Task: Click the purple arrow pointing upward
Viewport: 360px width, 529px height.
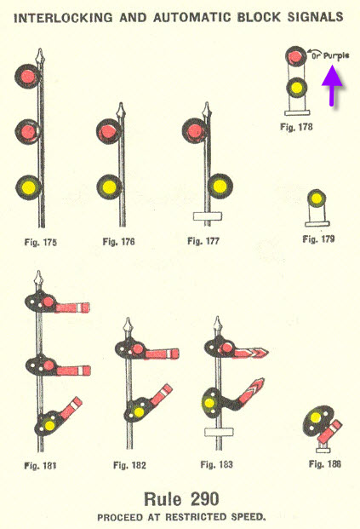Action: pos(332,86)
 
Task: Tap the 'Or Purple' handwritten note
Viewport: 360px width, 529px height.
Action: pos(330,55)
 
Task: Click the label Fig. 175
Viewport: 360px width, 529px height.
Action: pos(41,242)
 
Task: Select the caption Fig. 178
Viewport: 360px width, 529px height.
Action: pos(296,127)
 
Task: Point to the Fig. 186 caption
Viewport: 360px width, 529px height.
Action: pos(325,464)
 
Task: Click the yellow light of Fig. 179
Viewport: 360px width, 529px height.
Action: pos(317,198)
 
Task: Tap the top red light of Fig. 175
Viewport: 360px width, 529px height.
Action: pos(27,77)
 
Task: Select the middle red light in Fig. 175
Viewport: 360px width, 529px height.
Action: pos(27,131)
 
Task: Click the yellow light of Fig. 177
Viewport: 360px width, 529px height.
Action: pos(220,186)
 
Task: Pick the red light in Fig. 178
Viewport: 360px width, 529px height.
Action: pos(295,56)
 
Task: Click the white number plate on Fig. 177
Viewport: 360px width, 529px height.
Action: pos(208,216)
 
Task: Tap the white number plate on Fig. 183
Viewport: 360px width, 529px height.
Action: pos(219,432)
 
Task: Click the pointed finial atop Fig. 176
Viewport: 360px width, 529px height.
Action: pos(121,111)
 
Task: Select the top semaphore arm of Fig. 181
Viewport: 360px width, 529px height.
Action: pos(72,308)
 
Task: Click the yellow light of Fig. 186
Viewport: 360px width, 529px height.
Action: pos(316,417)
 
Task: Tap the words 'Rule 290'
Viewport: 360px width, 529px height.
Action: pos(181,499)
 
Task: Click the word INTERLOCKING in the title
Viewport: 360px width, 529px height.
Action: pos(63,17)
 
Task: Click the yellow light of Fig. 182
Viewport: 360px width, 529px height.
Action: pos(139,412)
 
